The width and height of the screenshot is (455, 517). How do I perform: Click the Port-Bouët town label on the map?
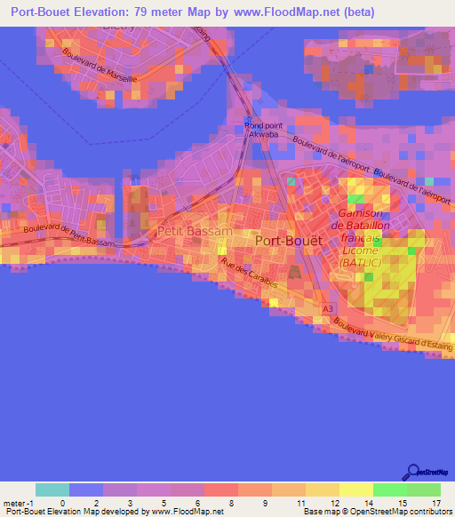point(289,240)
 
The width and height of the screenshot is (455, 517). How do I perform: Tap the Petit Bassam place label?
point(195,231)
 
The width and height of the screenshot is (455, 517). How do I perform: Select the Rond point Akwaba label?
point(263,131)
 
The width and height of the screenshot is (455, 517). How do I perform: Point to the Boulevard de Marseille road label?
point(100,65)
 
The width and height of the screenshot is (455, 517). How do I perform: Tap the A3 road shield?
point(328,308)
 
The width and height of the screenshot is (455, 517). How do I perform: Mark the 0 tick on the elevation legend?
point(63,503)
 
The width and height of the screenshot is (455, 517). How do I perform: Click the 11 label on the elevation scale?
point(302,503)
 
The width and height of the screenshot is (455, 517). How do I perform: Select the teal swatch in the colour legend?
point(52,489)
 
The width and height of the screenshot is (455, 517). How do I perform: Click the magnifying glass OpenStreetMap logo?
point(413,472)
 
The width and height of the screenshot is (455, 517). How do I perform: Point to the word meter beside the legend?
point(13,503)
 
